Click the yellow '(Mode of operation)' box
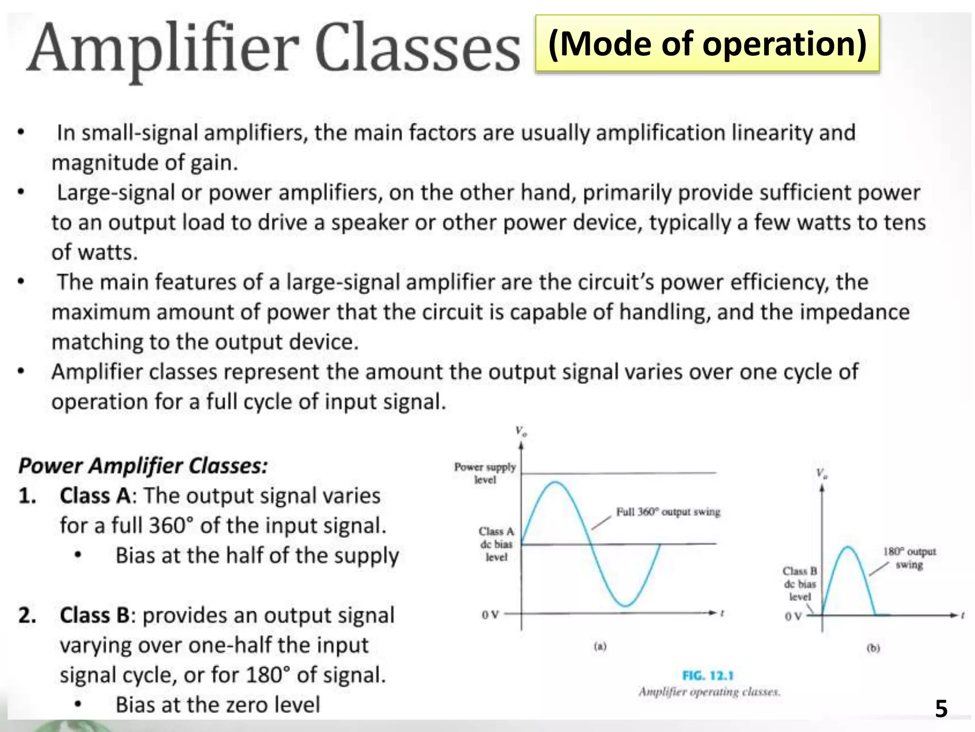click(707, 44)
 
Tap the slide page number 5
click(941, 709)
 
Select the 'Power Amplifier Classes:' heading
click(143, 466)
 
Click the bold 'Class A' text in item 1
click(95, 496)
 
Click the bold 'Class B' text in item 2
click(95, 615)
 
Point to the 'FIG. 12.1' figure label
click(708, 676)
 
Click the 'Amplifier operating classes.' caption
click(709, 691)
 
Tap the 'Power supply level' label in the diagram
click(485, 473)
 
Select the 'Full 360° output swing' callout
click(668, 512)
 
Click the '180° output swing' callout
click(909, 558)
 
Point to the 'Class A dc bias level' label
click(497, 544)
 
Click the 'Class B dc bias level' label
click(800, 584)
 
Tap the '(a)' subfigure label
click(600, 647)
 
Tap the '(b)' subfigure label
click(873, 648)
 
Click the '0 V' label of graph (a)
click(490, 615)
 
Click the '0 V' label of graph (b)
click(793, 616)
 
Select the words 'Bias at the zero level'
click(218, 705)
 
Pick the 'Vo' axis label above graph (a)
click(521, 432)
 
